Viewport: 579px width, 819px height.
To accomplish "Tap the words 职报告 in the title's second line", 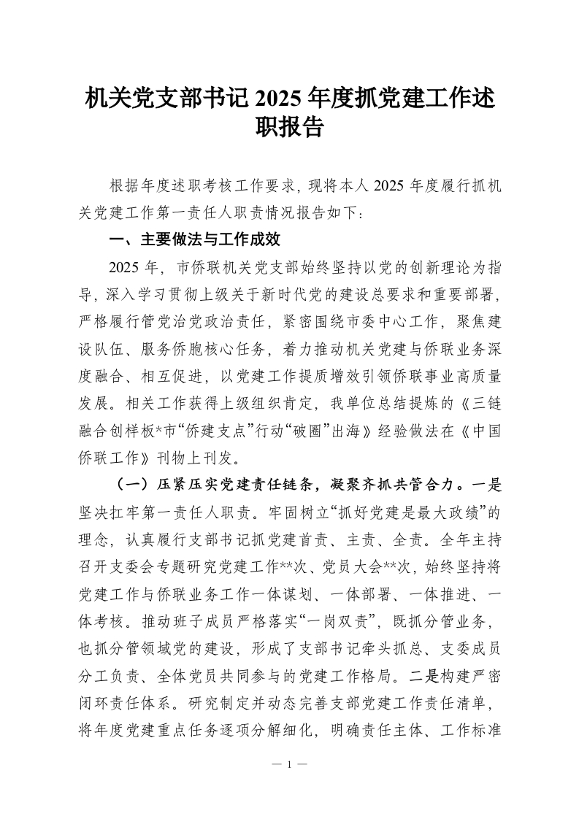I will coord(289,128).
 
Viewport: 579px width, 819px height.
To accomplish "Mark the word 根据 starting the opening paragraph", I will coord(123,186).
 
